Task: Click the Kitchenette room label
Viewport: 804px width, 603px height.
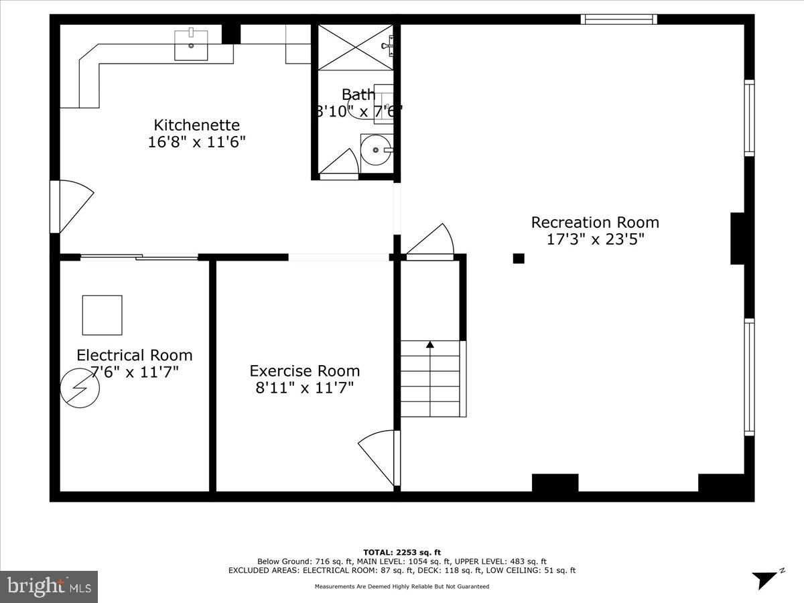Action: pyautogui.click(x=196, y=125)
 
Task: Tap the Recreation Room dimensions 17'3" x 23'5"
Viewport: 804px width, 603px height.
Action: pyautogui.click(x=595, y=239)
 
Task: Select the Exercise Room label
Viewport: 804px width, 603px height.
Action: pyautogui.click(x=304, y=371)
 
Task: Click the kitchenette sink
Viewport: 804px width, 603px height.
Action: pyautogui.click(x=191, y=45)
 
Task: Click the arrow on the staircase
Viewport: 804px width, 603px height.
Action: pyautogui.click(x=429, y=345)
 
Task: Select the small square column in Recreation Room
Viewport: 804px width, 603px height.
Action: pyautogui.click(x=519, y=258)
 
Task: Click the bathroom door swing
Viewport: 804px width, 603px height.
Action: pyautogui.click(x=341, y=165)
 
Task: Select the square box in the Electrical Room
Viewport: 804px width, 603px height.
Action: pyautogui.click(x=102, y=315)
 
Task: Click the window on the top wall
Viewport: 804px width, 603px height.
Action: pyautogui.click(x=618, y=19)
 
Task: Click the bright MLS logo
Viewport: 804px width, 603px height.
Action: pyautogui.click(x=49, y=586)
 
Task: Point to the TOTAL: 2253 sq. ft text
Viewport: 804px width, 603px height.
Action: pyautogui.click(x=401, y=552)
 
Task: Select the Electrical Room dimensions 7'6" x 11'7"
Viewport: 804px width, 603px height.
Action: pyautogui.click(x=134, y=372)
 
